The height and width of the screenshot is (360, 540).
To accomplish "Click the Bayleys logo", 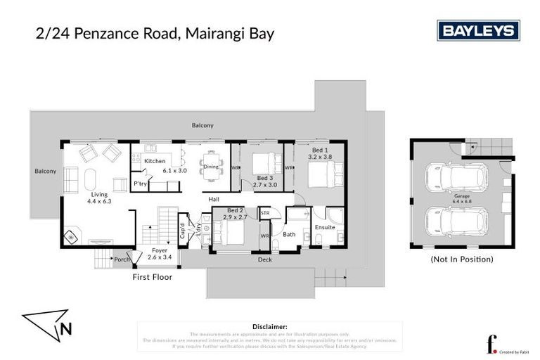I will click(x=478, y=30).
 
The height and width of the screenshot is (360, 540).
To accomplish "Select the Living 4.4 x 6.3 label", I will click(x=96, y=197).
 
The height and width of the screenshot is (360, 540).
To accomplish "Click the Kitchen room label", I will click(x=155, y=161).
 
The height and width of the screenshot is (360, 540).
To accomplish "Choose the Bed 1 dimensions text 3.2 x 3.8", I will click(x=319, y=157).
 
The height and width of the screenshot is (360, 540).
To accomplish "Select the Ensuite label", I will click(x=325, y=227).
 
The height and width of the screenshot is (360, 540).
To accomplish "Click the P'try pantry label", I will click(x=139, y=184).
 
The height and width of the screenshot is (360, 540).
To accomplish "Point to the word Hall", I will click(x=214, y=199).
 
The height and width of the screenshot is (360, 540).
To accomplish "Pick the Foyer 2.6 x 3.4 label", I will click(x=160, y=254).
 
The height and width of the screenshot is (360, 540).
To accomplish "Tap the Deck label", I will click(x=264, y=259).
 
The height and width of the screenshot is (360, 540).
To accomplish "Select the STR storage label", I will click(x=265, y=212).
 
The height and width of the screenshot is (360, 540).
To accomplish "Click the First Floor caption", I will click(x=153, y=277).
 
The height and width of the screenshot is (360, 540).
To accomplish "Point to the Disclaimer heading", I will click(x=269, y=327).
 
